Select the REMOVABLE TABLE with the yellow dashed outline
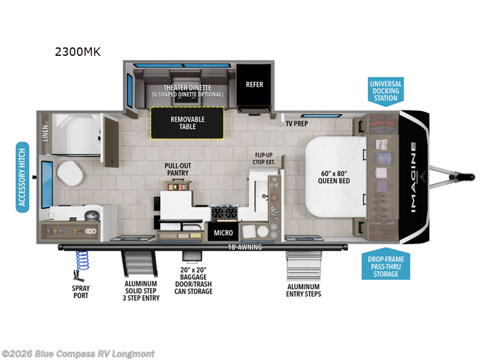tap(187, 123)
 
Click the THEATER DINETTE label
tap(187, 87)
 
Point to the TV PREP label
tap(300, 123)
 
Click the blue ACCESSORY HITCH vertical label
tap(23, 178)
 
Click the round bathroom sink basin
tap(91, 214)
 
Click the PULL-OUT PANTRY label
tap(178, 169)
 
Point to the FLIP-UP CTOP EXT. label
tap(265, 158)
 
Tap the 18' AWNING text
tap(244, 247)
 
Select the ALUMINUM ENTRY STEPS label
tap(304, 290)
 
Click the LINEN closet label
tap(46, 134)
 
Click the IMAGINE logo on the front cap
tap(415, 178)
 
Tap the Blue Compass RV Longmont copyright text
tap(78, 353)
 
